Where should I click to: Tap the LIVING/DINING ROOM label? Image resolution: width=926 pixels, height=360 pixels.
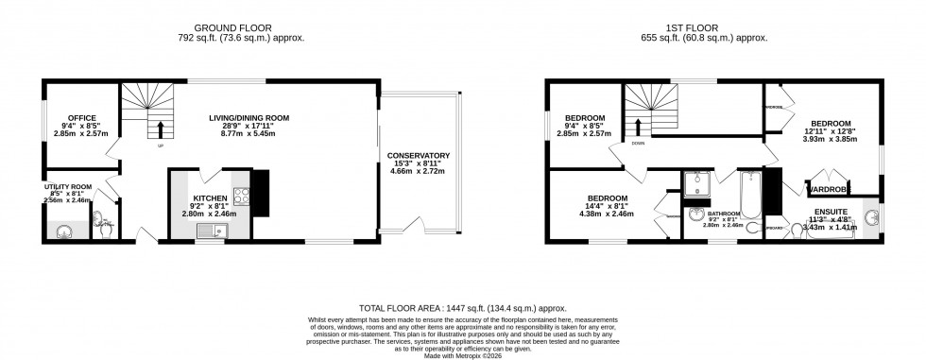pos(249,118)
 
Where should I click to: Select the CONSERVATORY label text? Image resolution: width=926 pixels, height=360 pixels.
pos(418,155)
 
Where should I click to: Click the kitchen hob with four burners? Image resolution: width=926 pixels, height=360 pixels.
pos(241,197)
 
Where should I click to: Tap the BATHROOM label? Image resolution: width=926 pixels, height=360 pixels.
pos(723,214)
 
